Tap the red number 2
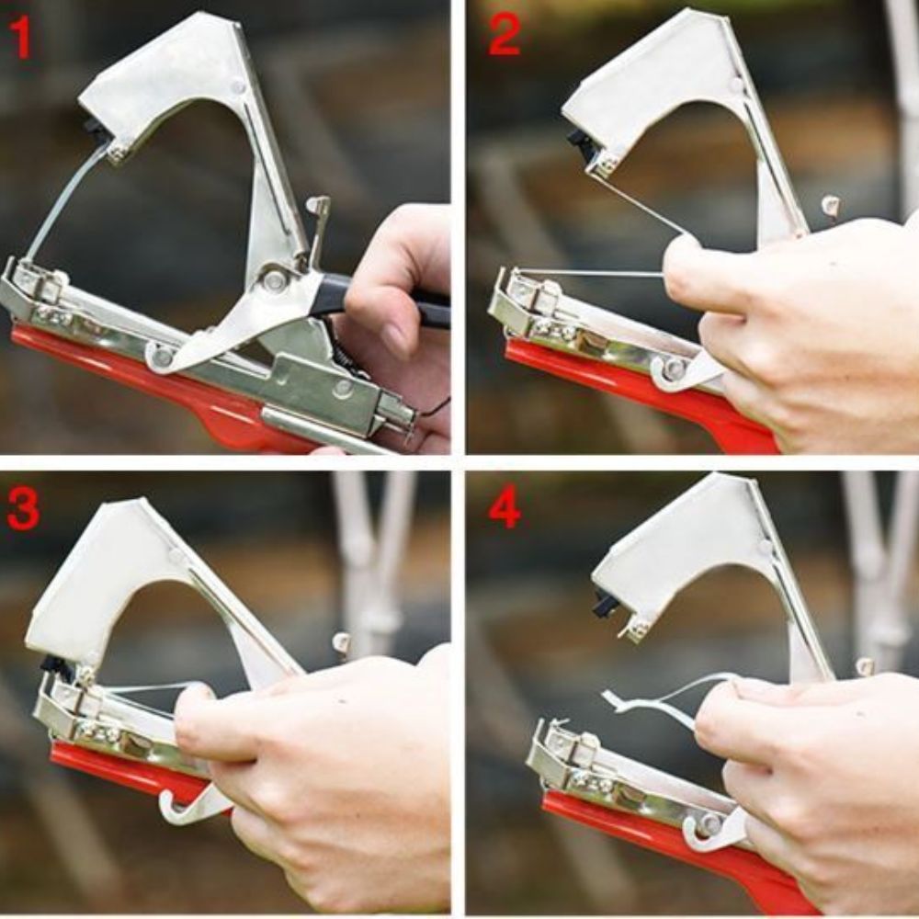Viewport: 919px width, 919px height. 504,35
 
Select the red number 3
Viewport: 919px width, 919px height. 24,509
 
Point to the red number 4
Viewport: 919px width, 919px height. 505,509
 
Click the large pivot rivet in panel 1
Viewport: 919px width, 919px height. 274,279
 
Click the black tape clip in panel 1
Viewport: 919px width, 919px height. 94,127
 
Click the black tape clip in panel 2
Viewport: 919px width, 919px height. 579,142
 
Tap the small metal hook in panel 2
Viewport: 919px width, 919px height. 830,206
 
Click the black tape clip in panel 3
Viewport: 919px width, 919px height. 54,664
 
